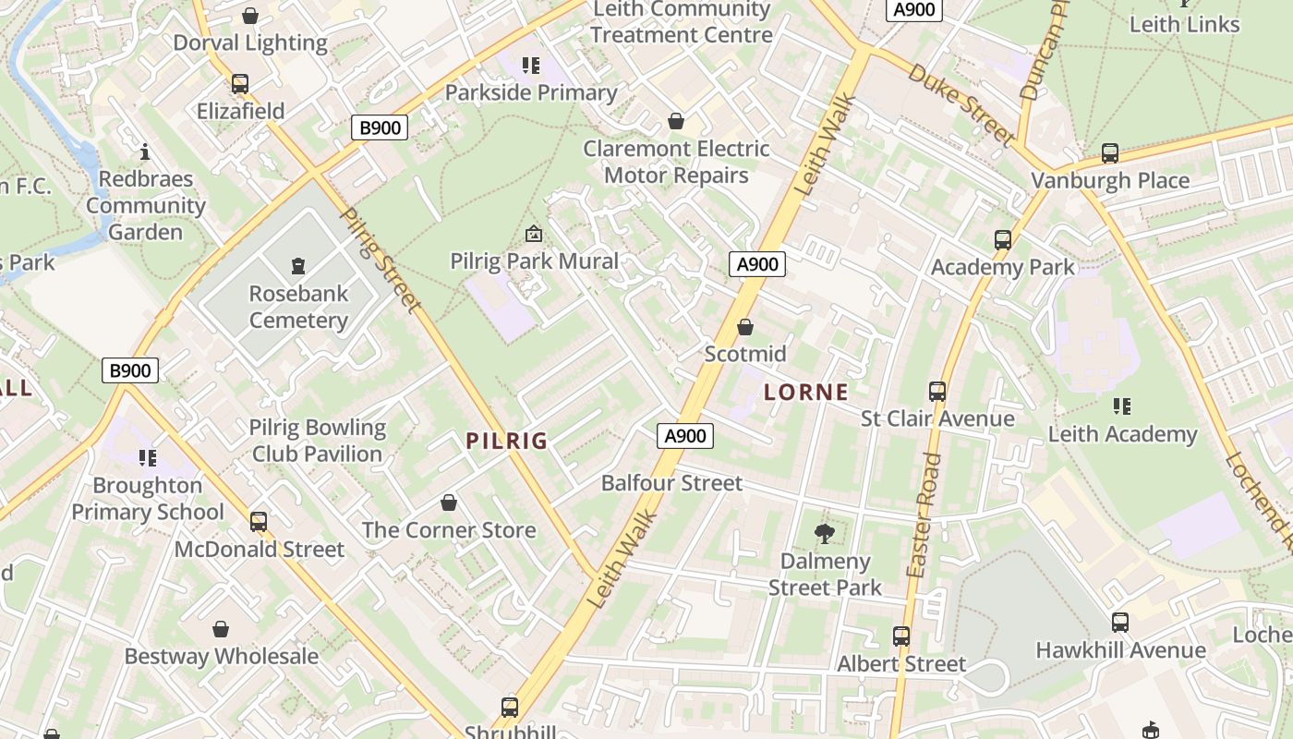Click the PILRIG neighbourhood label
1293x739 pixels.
pyautogui.click(x=507, y=441)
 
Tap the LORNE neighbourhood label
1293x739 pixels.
pyautogui.click(x=806, y=392)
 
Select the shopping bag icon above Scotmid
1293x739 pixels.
pyautogui.click(x=745, y=327)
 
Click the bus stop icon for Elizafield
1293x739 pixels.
pyautogui.click(x=240, y=84)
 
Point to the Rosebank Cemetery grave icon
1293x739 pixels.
pyautogui.click(x=297, y=267)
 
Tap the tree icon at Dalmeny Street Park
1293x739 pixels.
pyautogui.click(x=825, y=533)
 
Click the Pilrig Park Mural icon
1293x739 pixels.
pyautogui.click(x=533, y=234)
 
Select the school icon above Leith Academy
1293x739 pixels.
pyautogui.click(x=1122, y=406)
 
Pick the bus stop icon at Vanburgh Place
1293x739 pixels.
pyautogui.click(x=1110, y=153)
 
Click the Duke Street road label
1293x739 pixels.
pyautogui.click(x=961, y=104)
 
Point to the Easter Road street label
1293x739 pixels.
pyautogui.click(x=924, y=515)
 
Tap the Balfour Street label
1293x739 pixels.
pyautogui.click(x=671, y=483)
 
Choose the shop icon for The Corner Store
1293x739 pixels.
pyautogui.click(x=449, y=503)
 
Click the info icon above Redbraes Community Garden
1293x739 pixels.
pyautogui.click(x=145, y=151)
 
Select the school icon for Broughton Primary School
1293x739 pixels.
pyautogui.click(x=147, y=458)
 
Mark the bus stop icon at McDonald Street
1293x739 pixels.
pyautogui.click(x=259, y=522)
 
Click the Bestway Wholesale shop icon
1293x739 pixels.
pyautogui.click(x=221, y=630)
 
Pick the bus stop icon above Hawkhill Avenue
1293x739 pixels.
pyautogui.click(x=1120, y=623)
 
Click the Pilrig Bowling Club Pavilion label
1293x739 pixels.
pyautogui.click(x=318, y=441)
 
